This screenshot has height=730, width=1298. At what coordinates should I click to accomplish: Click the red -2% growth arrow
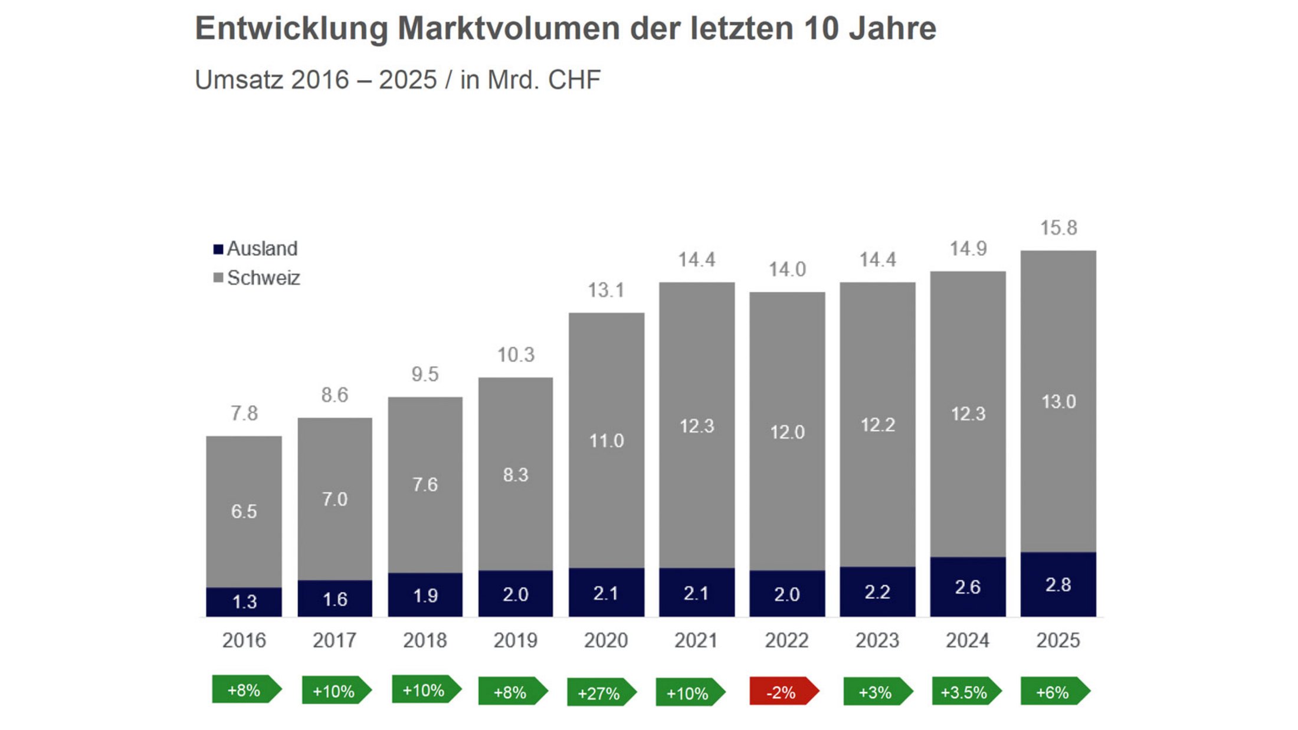[x=784, y=692]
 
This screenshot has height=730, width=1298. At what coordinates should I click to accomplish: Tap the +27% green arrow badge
[x=601, y=693]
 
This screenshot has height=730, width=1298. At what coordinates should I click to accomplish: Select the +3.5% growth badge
[x=965, y=692]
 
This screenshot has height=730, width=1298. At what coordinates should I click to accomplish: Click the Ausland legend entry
[x=255, y=249]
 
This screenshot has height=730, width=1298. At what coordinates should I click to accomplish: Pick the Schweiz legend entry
[x=257, y=278]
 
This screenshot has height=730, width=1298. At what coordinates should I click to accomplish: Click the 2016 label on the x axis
[x=244, y=640]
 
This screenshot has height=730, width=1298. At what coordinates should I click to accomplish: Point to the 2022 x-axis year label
[x=786, y=640]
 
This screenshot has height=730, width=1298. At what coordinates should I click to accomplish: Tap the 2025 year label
[x=1058, y=640]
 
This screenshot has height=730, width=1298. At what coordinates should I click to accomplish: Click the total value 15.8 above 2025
[x=1058, y=228]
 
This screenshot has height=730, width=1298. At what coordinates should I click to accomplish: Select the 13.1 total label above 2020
[x=606, y=290]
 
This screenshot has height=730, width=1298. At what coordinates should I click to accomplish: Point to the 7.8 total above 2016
[x=244, y=413]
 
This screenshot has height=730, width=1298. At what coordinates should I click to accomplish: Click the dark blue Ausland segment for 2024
[x=968, y=587]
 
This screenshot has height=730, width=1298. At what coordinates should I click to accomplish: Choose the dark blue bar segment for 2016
[x=244, y=602]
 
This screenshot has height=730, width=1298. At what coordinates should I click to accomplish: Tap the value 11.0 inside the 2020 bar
[x=607, y=441]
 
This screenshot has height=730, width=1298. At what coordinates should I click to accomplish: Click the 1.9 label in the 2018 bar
[x=425, y=596]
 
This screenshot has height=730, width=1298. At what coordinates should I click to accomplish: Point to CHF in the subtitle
[x=574, y=80]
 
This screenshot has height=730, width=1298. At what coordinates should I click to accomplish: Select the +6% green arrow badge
[x=1054, y=692]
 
